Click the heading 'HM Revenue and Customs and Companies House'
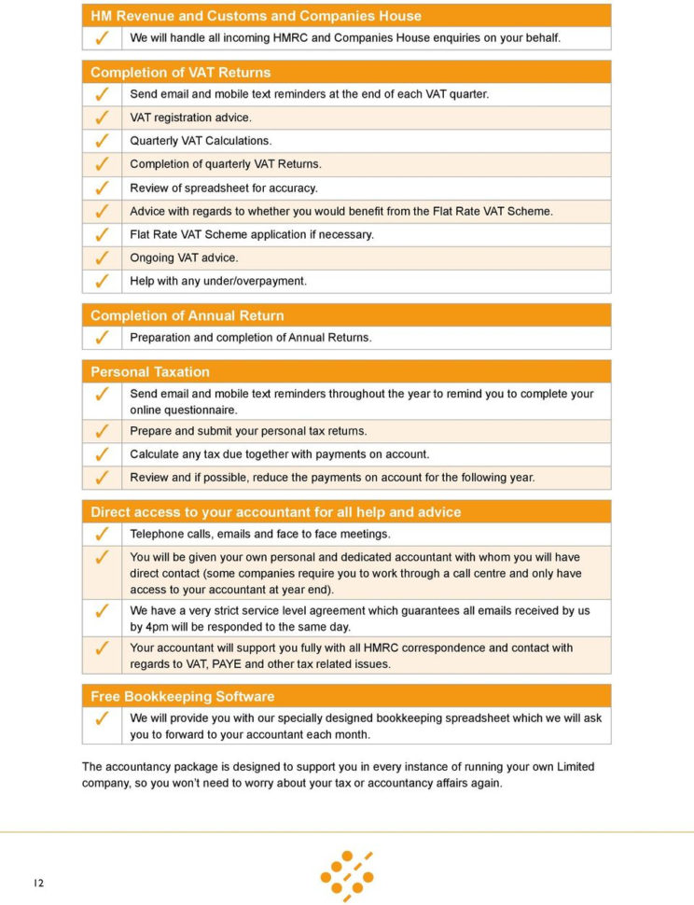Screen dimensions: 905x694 (256, 16)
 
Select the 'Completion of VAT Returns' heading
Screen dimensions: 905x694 (180, 72)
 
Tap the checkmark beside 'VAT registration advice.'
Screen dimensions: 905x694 (102, 118)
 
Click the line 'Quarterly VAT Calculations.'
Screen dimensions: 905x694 (201, 141)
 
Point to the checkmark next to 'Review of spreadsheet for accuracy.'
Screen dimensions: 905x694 (102, 188)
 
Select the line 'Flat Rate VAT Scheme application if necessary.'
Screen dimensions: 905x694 (252, 234)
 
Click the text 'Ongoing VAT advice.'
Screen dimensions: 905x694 (184, 258)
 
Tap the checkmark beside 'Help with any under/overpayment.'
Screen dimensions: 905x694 (102, 281)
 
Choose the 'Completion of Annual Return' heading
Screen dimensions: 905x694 (187, 315)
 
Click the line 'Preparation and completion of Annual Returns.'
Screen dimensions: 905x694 (250, 338)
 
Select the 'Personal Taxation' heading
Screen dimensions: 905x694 (149, 371)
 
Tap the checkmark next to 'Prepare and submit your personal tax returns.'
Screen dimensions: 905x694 (102, 431)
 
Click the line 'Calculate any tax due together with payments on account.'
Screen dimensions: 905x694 (279, 454)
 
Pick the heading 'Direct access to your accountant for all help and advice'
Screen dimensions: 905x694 (275, 512)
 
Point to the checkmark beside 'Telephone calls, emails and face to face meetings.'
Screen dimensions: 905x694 (102, 535)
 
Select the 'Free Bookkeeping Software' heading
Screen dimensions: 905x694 (182, 696)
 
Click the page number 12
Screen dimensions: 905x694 (38, 884)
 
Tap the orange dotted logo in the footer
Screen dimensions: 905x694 (347, 875)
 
